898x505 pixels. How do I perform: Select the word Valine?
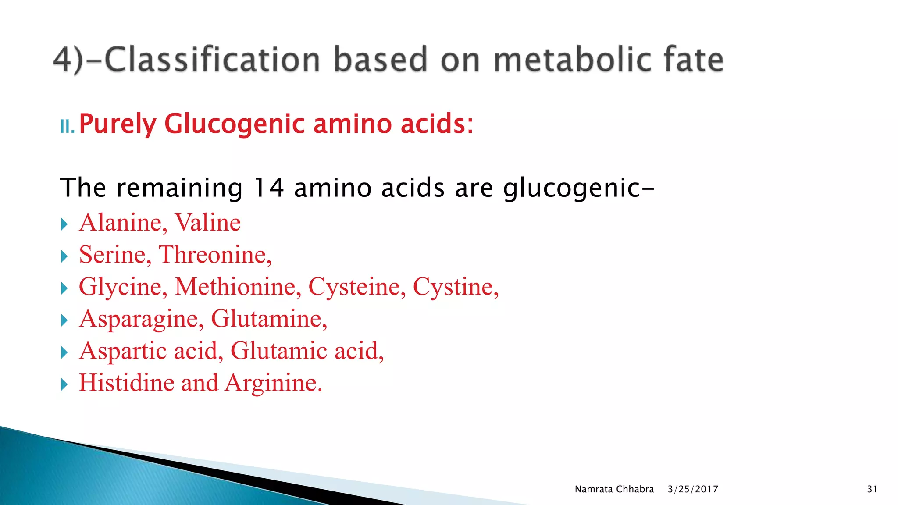point(208,223)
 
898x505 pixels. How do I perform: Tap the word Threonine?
point(214,255)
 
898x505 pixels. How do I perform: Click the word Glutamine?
point(268,319)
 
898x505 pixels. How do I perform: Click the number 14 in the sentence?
point(269,188)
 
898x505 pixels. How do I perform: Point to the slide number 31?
point(872,489)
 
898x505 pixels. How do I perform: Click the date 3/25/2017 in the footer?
point(693,489)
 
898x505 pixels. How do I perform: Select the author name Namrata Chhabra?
point(614,489)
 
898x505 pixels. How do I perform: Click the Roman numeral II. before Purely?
point(67,127)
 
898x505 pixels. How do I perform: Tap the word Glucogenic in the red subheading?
point(235,124)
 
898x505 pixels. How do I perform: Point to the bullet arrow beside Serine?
point(64,256)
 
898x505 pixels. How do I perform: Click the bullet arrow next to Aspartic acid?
point(64,352)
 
